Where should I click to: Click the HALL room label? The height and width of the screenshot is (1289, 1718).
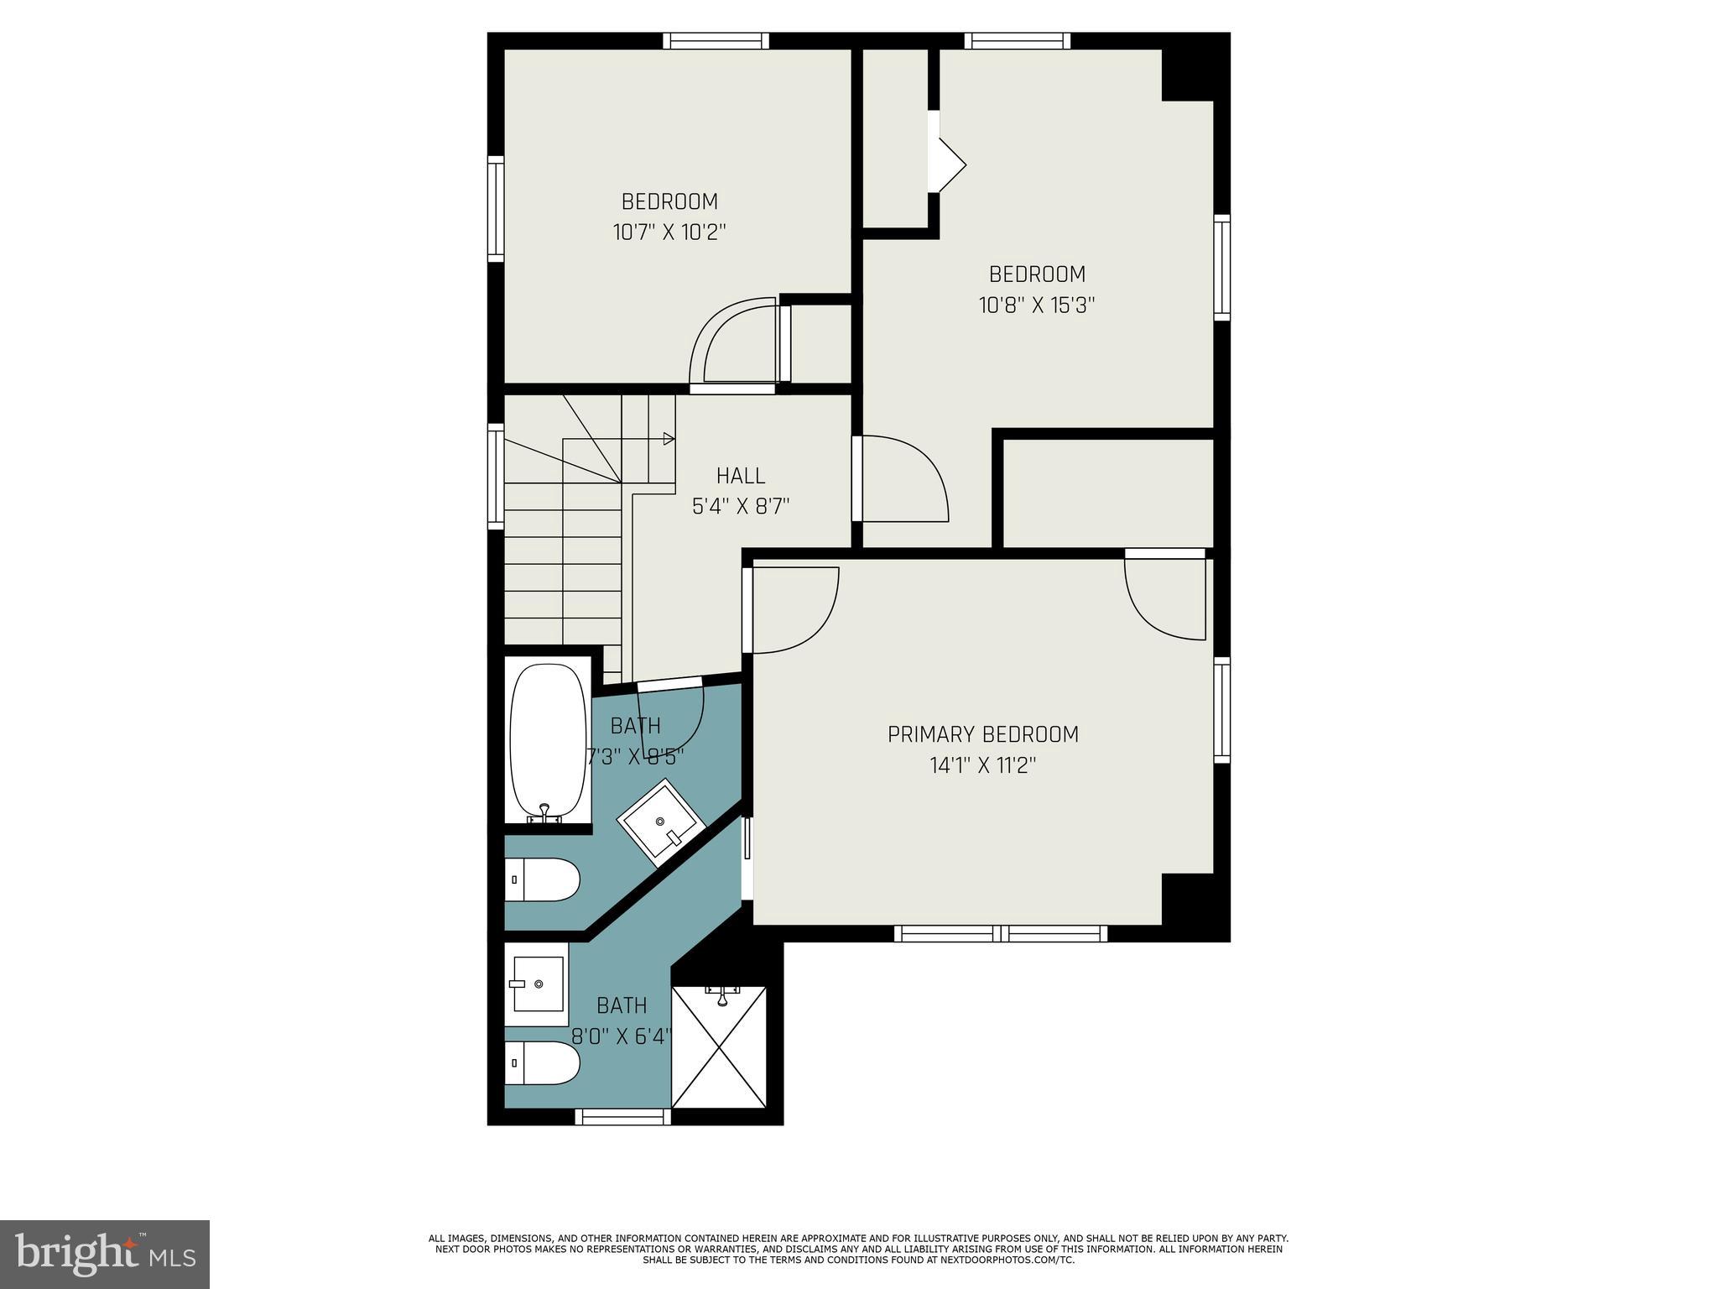[741, 476]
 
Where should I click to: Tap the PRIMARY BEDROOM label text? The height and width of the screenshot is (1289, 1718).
[982, 734]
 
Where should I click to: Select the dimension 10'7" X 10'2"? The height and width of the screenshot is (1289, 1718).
[669, 232]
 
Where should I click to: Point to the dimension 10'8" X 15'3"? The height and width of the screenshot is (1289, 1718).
[1037, 305]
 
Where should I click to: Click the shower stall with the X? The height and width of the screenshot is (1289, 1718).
[720, 1046]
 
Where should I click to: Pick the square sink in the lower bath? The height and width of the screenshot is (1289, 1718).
[537, 984]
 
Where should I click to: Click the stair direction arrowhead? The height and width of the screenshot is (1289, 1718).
[669, 438]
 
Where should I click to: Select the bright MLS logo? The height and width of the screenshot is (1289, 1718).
[105, 1254]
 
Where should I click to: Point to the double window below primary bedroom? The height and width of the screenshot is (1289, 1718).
[1000, 933]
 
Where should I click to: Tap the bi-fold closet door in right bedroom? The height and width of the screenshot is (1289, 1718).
[948, 165]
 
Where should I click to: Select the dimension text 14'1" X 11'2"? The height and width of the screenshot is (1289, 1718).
[982, 765]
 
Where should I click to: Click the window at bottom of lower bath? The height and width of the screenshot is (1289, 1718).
[622, 1116]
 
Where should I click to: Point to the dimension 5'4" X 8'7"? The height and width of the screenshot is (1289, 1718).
[741, 507]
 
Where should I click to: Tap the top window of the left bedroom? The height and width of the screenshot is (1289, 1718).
[716, 40]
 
